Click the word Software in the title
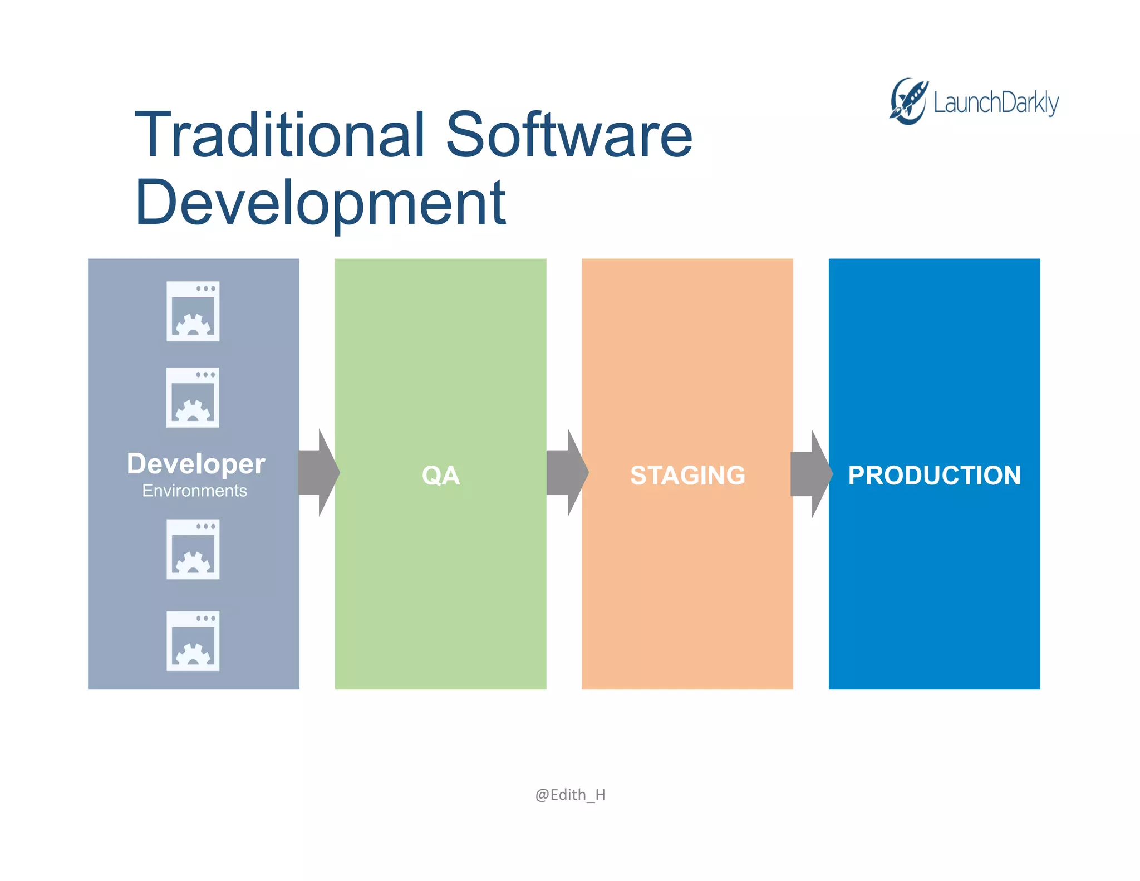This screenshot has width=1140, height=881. tap(569, 135)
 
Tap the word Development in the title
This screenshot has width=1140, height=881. tap(320, 204)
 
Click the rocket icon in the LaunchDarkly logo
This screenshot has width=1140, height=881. tap(908, 101)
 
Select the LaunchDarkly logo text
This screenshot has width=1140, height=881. tap(996, 104)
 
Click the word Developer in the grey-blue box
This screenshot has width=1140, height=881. tap(196, 464)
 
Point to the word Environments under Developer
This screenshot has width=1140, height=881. tap(194, 491)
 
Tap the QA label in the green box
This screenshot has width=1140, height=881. tap(440, 476)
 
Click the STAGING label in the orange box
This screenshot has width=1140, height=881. tap(687, 476)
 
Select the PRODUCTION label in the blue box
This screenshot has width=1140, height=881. tap(934, 476)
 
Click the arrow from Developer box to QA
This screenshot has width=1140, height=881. tap(318, 473)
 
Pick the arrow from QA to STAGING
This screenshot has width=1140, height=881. tap(567, 473)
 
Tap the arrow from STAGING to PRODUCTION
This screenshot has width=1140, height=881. tap(811, 474)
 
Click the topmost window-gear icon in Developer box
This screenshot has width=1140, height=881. tap(193, 311)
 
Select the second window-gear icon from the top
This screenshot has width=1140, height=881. tap(193, 398)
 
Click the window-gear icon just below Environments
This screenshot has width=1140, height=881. tap(193, 549)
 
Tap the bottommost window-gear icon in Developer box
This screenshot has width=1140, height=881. tap(193, 641)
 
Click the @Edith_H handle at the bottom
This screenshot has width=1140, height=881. tap(570, 794)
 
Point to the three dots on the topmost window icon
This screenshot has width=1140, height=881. tap(205, 288)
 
